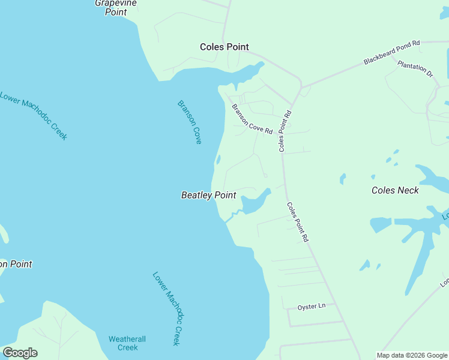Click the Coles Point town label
[224, 47]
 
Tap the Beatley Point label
[209, 195]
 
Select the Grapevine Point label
[116, 7]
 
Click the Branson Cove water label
[190, 122]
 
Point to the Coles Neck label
[395, 190]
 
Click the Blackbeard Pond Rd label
[392, 53]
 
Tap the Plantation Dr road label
[415, 70]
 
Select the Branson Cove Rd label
[252, 119]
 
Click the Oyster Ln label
[311, 307]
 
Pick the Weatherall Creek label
[127, 343]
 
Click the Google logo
[20, 352]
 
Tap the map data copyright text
[412, 355]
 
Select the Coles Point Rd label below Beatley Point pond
[297, 222]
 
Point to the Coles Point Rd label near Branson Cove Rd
[285, 131]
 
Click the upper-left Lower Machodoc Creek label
[33, 115]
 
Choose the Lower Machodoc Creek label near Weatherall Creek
[166, 308]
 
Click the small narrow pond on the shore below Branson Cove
[218, 160]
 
